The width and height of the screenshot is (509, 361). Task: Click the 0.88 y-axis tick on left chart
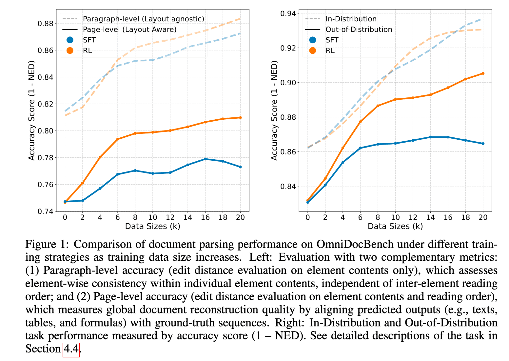click(x=45, y=24)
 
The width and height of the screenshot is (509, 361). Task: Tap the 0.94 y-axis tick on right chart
click(x=288, y=13)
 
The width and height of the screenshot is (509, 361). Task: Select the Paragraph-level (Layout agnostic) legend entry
click(x=143, y=19)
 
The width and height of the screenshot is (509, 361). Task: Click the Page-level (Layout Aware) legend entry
click(x=129, y=30)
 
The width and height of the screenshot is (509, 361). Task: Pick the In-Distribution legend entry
click(x=351, y=19)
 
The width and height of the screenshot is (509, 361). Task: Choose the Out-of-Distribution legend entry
click(x=359, y=30)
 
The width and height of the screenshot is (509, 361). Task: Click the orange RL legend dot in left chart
click(x=70, y=50)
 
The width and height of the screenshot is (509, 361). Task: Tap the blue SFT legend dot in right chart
click(x=312, y=40)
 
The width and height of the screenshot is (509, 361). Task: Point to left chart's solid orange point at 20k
click(x=240, y=117)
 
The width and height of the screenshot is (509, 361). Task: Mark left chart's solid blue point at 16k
click(x=205, y=159)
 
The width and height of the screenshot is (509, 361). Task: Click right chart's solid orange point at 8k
click(x=378, y=106)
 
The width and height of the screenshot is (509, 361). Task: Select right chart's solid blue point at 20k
click(x=483, y=144)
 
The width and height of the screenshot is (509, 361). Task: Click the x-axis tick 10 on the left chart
click(x=153, y=217)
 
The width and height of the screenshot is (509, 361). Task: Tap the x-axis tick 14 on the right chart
click(x=430, y=217)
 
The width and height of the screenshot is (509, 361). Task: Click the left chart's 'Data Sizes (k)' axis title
click(x=153, y=226)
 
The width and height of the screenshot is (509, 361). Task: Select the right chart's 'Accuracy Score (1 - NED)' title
click(x=274, y=110)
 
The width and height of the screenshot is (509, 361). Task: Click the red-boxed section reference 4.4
click(x=71, y=349)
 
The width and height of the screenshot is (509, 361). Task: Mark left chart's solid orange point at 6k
click(x=118, y=139)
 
